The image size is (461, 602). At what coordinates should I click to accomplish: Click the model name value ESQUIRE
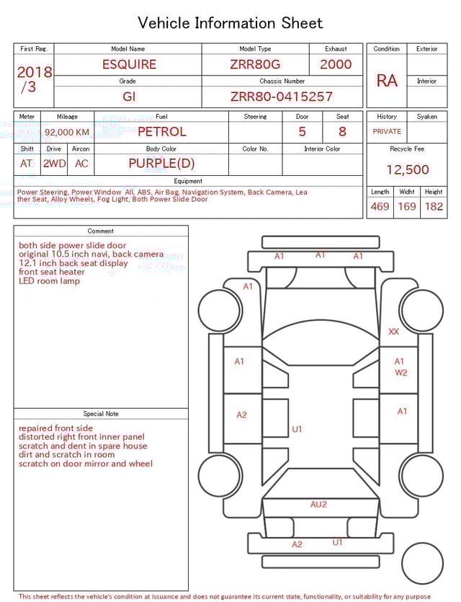point(129,64)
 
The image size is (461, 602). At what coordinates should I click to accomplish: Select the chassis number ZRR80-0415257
point(282,97)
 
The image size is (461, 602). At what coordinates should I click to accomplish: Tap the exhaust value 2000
point(336,64)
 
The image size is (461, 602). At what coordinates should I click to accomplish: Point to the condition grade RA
point(387,81)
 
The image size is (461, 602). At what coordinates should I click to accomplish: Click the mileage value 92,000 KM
point(67,132)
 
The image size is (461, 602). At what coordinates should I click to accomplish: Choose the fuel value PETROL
point(161,132)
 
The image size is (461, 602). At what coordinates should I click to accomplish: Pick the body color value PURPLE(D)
point(161,164)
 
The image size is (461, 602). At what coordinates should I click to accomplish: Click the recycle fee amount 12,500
point(408,170)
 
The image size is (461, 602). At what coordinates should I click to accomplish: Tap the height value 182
point(434,207)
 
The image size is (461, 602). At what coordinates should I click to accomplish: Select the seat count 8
point(342,132)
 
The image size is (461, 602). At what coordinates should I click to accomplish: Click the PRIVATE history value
point(387,132)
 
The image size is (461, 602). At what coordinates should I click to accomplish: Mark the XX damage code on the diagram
point(393,332)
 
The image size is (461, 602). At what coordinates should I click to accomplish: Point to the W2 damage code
point(400,373)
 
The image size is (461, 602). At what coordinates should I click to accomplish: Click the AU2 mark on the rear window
point(318,505)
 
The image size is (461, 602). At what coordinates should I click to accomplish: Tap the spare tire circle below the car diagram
point(421,563)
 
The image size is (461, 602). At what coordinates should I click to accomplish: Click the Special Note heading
point(101,414)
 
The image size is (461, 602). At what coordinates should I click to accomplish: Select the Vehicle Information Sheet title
point(230,23)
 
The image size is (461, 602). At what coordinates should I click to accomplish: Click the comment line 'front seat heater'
point(51,272)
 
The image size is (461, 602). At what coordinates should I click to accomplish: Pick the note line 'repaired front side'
point(55,428)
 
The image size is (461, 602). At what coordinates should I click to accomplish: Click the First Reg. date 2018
point(35,73)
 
